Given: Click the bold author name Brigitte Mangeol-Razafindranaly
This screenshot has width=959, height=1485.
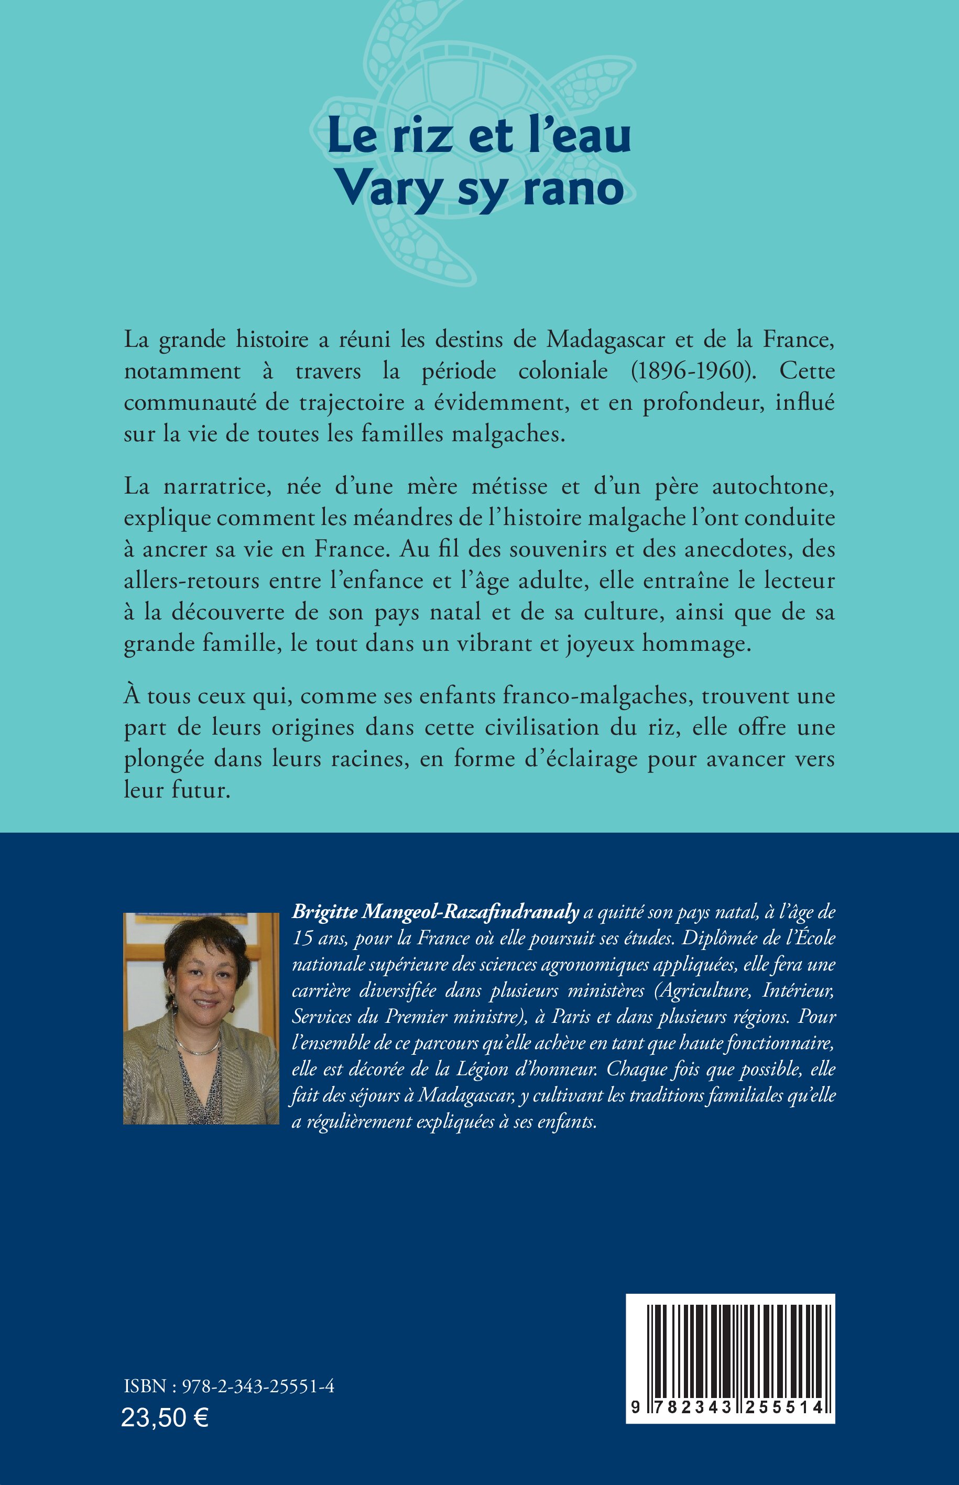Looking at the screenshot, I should (436, 912).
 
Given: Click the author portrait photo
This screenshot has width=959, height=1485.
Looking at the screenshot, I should (201, 1019).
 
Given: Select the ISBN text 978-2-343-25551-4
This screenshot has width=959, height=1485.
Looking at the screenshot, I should (258, 1386).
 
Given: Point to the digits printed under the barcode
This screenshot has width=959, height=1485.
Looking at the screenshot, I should (730, 1409).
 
